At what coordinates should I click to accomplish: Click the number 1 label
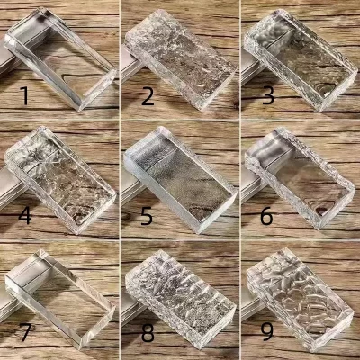coord(25,95)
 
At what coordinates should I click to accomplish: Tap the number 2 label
coord(148,96)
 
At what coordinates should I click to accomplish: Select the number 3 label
coord(268,95)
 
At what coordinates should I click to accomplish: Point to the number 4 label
coord(25,215)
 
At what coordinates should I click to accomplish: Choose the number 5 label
coord(147,215)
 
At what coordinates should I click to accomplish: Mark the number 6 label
coord(266,215)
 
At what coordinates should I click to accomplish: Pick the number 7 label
coord(25,332)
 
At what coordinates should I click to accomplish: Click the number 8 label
coord(148,332)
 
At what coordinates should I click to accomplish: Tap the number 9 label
coord(266,332)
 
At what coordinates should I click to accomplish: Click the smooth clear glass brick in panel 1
coord(60,58)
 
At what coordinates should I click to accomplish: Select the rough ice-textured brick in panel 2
coord(180,58)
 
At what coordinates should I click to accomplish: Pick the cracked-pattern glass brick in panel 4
coord(60,179)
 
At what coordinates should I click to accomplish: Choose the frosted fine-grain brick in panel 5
coord(180,179)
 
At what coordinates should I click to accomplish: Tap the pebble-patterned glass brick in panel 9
coord(300,300)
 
